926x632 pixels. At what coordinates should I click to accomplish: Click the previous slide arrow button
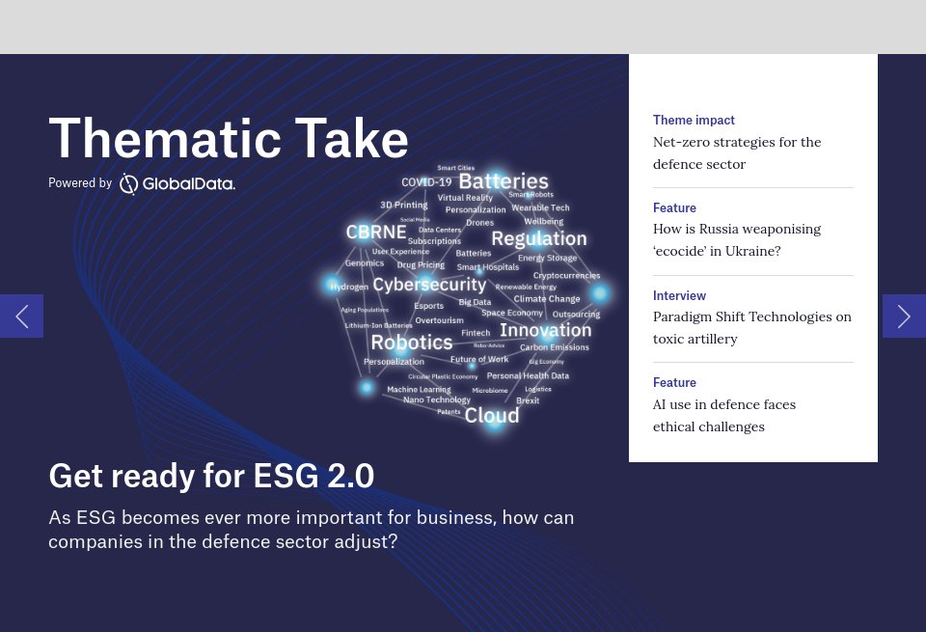point(21,316)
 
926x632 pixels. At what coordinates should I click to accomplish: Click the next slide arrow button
point(904,316)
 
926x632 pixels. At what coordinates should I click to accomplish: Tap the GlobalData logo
point(177,183)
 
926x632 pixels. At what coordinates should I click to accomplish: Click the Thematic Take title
point(229,139)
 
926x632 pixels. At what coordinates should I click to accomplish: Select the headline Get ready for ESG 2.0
point(211,476)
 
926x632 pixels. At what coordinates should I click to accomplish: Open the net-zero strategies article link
point(737,153)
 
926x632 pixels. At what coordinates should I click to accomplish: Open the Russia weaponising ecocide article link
point(737,240)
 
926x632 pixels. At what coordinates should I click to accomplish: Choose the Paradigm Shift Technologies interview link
point(751,328)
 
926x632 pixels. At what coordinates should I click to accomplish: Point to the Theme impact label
point(694,121)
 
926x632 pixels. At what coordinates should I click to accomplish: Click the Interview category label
point(679,295)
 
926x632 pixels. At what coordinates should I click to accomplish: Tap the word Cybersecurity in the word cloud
point(429,285)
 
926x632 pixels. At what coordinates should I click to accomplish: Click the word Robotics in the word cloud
point(412,343)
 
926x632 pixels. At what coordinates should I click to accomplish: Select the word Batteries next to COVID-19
point(504,181)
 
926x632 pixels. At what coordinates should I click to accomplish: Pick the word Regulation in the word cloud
point(538,238)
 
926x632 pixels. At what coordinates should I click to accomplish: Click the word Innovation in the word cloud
point(545,330)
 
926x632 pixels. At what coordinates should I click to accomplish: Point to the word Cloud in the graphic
point(492,415)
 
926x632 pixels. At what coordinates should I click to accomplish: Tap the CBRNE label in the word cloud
point(376,233)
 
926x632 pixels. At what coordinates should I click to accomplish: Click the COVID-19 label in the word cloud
point(426,181)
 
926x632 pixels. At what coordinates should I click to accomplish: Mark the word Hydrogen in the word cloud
point(349,287)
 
